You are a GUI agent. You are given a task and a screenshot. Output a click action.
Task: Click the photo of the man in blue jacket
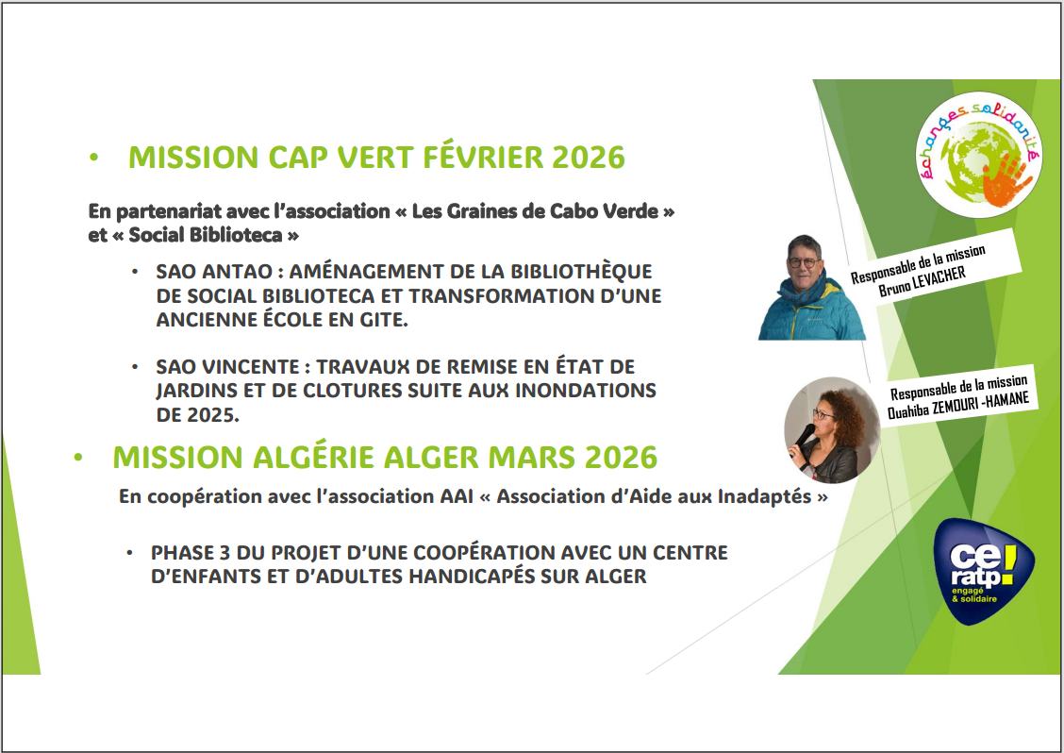(x=811, y=288)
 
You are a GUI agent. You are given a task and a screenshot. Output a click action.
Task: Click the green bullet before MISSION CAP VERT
(x=94, y=159)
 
